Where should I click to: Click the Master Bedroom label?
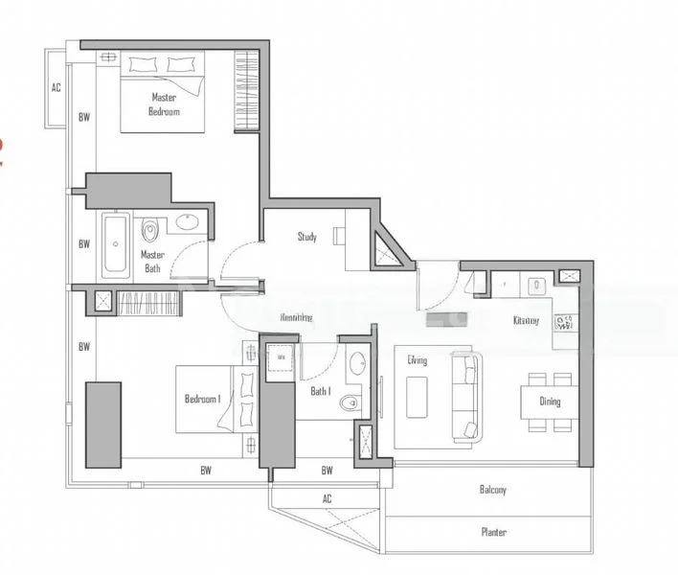tap(165, 104)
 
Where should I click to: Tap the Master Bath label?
tap(152, 261)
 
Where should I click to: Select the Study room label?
tap(306, 237)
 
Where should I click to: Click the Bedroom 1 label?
tap(202, 399)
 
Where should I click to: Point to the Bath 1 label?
tap(320, 391)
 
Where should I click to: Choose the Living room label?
tap(417, 360)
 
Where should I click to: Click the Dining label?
tap(549, 402)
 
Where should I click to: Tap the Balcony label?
tap(492, 490)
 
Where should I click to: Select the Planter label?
tap(493, 532)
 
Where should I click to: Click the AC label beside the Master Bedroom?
tap(56, 88)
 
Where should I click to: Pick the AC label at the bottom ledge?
tap(327, 498)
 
